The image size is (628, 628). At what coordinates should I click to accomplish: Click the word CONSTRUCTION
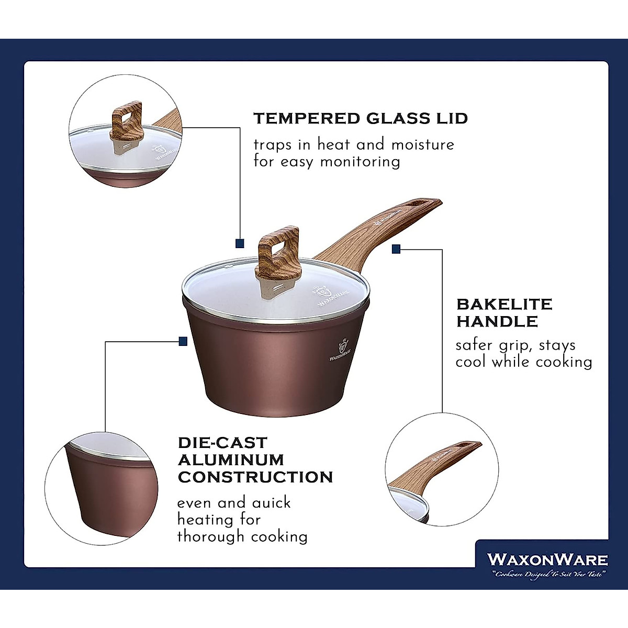(255, 477)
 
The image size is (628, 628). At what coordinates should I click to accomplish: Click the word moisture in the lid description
(423, 144)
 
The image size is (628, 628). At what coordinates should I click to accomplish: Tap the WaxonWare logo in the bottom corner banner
(547, 559)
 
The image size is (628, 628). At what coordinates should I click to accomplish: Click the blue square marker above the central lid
(240, 243)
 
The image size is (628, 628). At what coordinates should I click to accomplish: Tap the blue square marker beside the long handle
(396, 250)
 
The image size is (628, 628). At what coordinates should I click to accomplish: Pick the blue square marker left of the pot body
(183, 341)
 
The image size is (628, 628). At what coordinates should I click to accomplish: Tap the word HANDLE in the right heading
(497, 321)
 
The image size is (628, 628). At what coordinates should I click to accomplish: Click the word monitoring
(360, 161)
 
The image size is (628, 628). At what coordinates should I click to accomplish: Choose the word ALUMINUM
(231, 460)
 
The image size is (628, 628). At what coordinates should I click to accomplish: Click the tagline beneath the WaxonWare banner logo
(547, 575)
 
